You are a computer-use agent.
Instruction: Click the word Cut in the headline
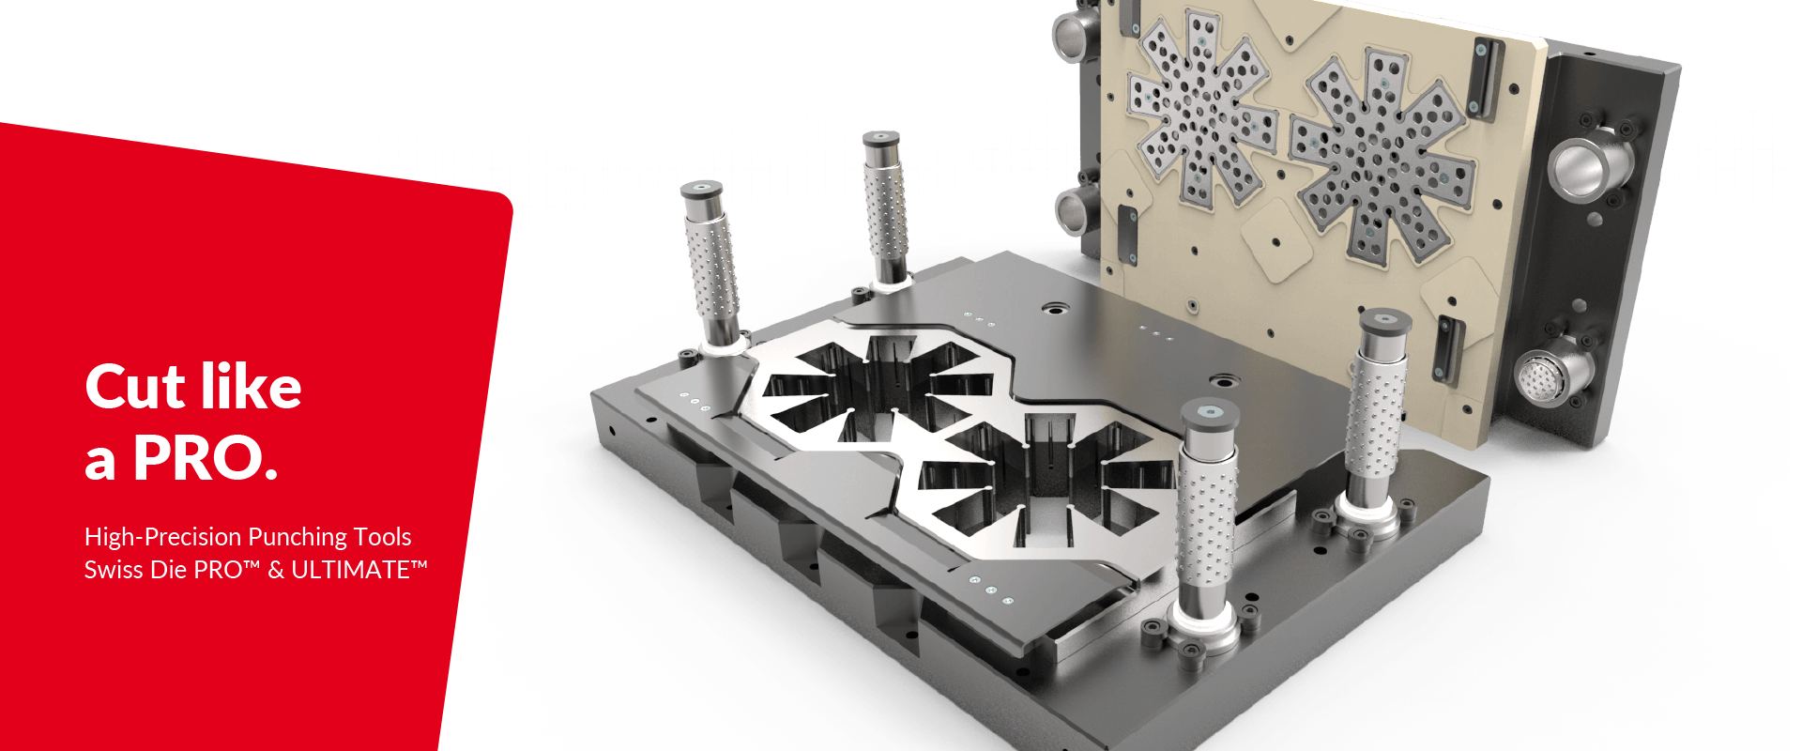point(135,387)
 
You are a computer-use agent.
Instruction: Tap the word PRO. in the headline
point(206,458)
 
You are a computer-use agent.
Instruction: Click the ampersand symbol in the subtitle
point(276,570)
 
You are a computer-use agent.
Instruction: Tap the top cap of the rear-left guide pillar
point(881,139)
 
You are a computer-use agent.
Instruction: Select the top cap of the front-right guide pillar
point(1210,412)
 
